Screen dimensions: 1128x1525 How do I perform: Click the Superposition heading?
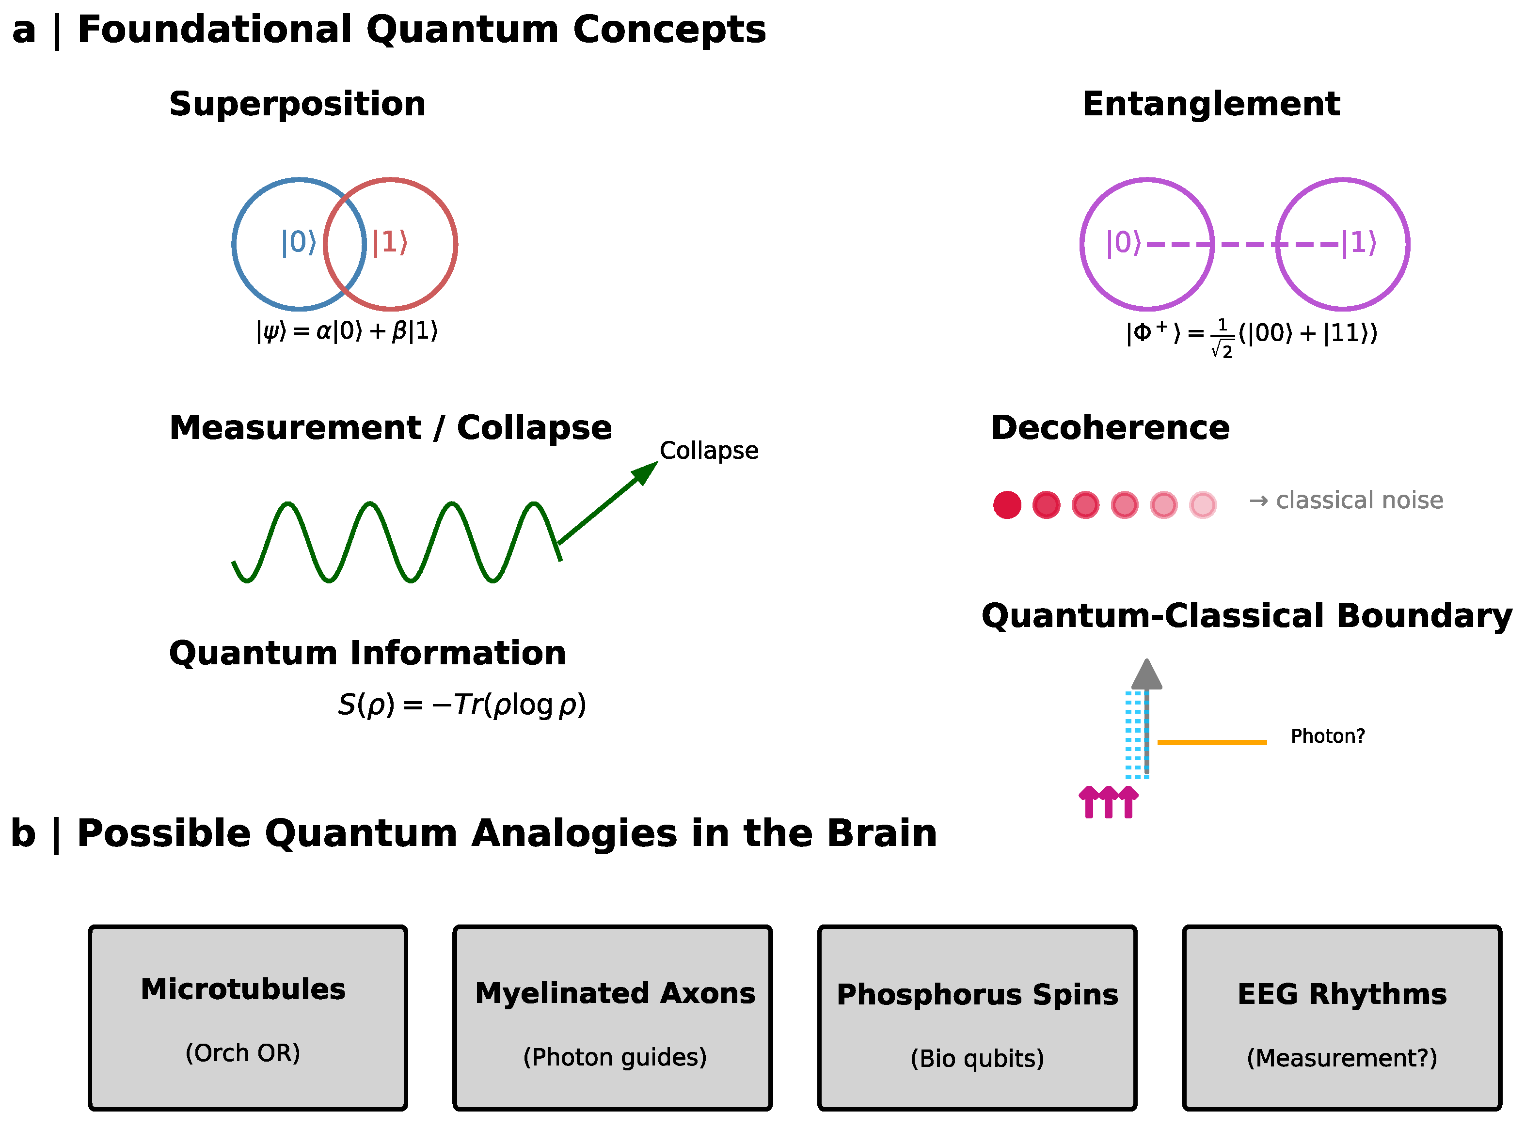coord(297,105)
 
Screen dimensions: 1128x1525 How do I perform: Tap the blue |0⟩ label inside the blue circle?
coord(299,242)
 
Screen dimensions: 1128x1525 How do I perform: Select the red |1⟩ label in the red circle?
coord(390,242)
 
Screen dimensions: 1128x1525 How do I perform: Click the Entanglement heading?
coord(1211,105)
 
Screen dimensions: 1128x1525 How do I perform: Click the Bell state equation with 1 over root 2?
coord(1251,335)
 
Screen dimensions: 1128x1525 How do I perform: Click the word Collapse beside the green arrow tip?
coord(708,451)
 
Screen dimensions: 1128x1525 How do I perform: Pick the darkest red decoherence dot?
coord(1007,505)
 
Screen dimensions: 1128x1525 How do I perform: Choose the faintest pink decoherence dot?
coord(1203,505)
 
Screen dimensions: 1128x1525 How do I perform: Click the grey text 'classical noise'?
coord(1359,501)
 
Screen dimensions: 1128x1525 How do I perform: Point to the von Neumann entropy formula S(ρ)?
coord(461,705)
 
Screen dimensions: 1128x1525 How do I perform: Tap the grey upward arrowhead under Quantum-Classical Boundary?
coord(1146,675)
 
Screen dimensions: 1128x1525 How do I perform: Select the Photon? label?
coord(1327,736)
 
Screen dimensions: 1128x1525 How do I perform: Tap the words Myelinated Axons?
coord(615,993)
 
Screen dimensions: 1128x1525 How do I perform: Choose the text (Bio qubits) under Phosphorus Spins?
coord(977,1058)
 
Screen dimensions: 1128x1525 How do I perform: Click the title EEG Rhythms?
coord(1341,994)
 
